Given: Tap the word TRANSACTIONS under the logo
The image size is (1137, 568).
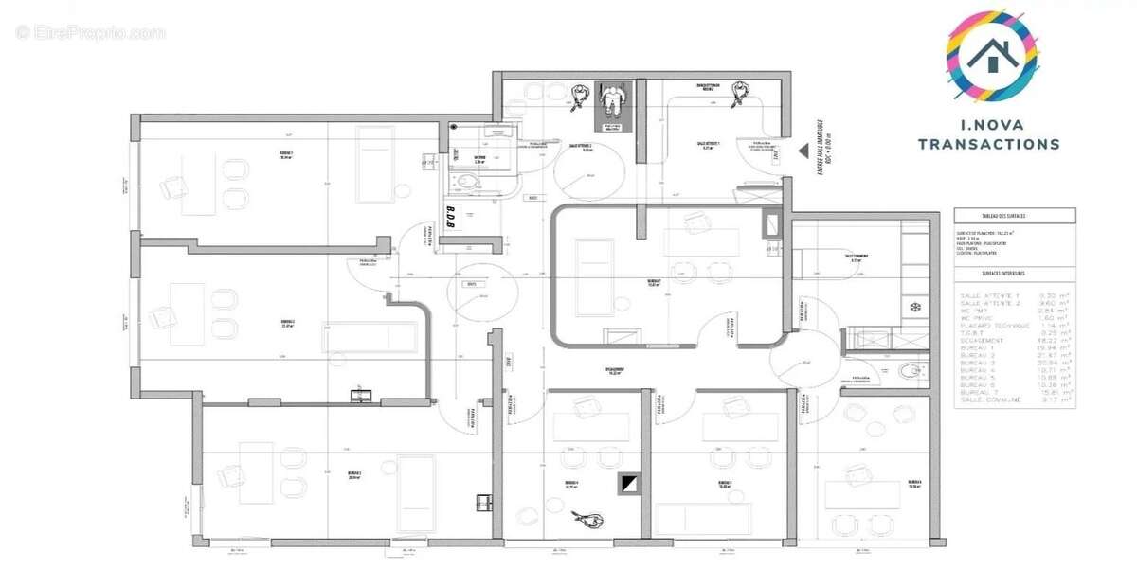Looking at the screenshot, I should (x=989, y=145).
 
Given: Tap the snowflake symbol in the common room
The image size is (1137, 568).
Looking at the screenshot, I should (x=915, y=308).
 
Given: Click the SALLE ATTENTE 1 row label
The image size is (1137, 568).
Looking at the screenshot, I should (x=992, y=296).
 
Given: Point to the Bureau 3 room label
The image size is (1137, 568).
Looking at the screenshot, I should (x=354, y=474).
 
